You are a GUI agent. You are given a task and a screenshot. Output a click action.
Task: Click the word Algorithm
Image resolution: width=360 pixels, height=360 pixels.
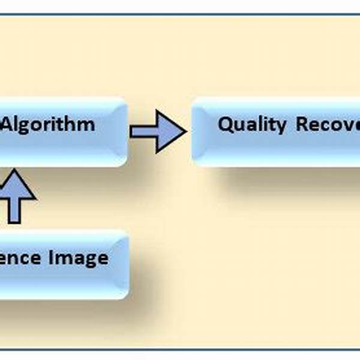click(x=48, y=125)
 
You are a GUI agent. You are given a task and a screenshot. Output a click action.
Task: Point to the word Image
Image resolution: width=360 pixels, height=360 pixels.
click(x=79, y=258)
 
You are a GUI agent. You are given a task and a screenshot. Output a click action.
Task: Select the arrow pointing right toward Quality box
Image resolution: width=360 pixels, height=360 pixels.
click(x=157, y=131)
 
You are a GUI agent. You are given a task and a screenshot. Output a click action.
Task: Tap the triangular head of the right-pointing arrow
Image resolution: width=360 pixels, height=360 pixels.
click(x=175, y=131)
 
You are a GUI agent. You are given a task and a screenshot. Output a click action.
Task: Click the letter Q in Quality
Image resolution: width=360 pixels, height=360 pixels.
click(x=225, y=124)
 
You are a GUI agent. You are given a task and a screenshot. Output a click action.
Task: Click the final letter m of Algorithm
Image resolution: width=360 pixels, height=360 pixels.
click(x=88, y=125)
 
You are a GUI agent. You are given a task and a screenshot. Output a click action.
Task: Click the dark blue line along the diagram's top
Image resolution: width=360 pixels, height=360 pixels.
click(x=180, y=14)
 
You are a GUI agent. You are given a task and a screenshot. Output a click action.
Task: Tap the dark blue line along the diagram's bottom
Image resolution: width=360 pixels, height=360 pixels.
click(x=180, y=347)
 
